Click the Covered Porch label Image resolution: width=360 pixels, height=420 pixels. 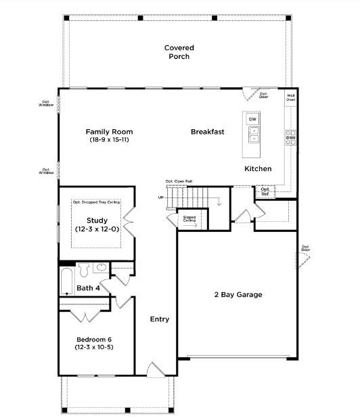click(x=179, y=52)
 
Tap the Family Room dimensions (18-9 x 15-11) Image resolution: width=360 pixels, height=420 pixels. click(x=109, y=140)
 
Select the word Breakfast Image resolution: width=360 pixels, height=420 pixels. click(x=207, y=132)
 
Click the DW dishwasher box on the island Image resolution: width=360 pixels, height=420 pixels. click(x=252, y=120)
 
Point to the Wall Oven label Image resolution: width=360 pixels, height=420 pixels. click(x=290, y=98)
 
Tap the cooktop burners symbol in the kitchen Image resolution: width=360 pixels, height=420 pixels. click(x=291, y=137)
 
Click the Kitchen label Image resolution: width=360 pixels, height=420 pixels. click(x=258, y=168)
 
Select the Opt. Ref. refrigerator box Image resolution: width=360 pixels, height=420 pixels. click(x=266, y=192)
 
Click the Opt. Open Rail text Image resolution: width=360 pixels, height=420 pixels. click(x=179, y=181)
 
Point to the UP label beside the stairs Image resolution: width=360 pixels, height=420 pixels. click(x=160, y=197)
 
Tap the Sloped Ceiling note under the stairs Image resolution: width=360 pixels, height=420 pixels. click(x=189, y=220)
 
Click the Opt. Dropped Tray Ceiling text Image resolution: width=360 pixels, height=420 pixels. click(x=96, y=202)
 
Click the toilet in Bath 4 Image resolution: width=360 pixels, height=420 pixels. click(x=84, y=271)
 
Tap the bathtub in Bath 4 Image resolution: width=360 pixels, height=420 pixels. click(x=66, y=282)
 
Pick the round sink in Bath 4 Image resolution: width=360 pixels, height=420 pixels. click(x=102, y=268)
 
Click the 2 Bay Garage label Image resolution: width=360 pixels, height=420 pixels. click(x=238, y=294)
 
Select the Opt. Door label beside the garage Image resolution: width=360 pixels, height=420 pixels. click(x=305, y=248)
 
